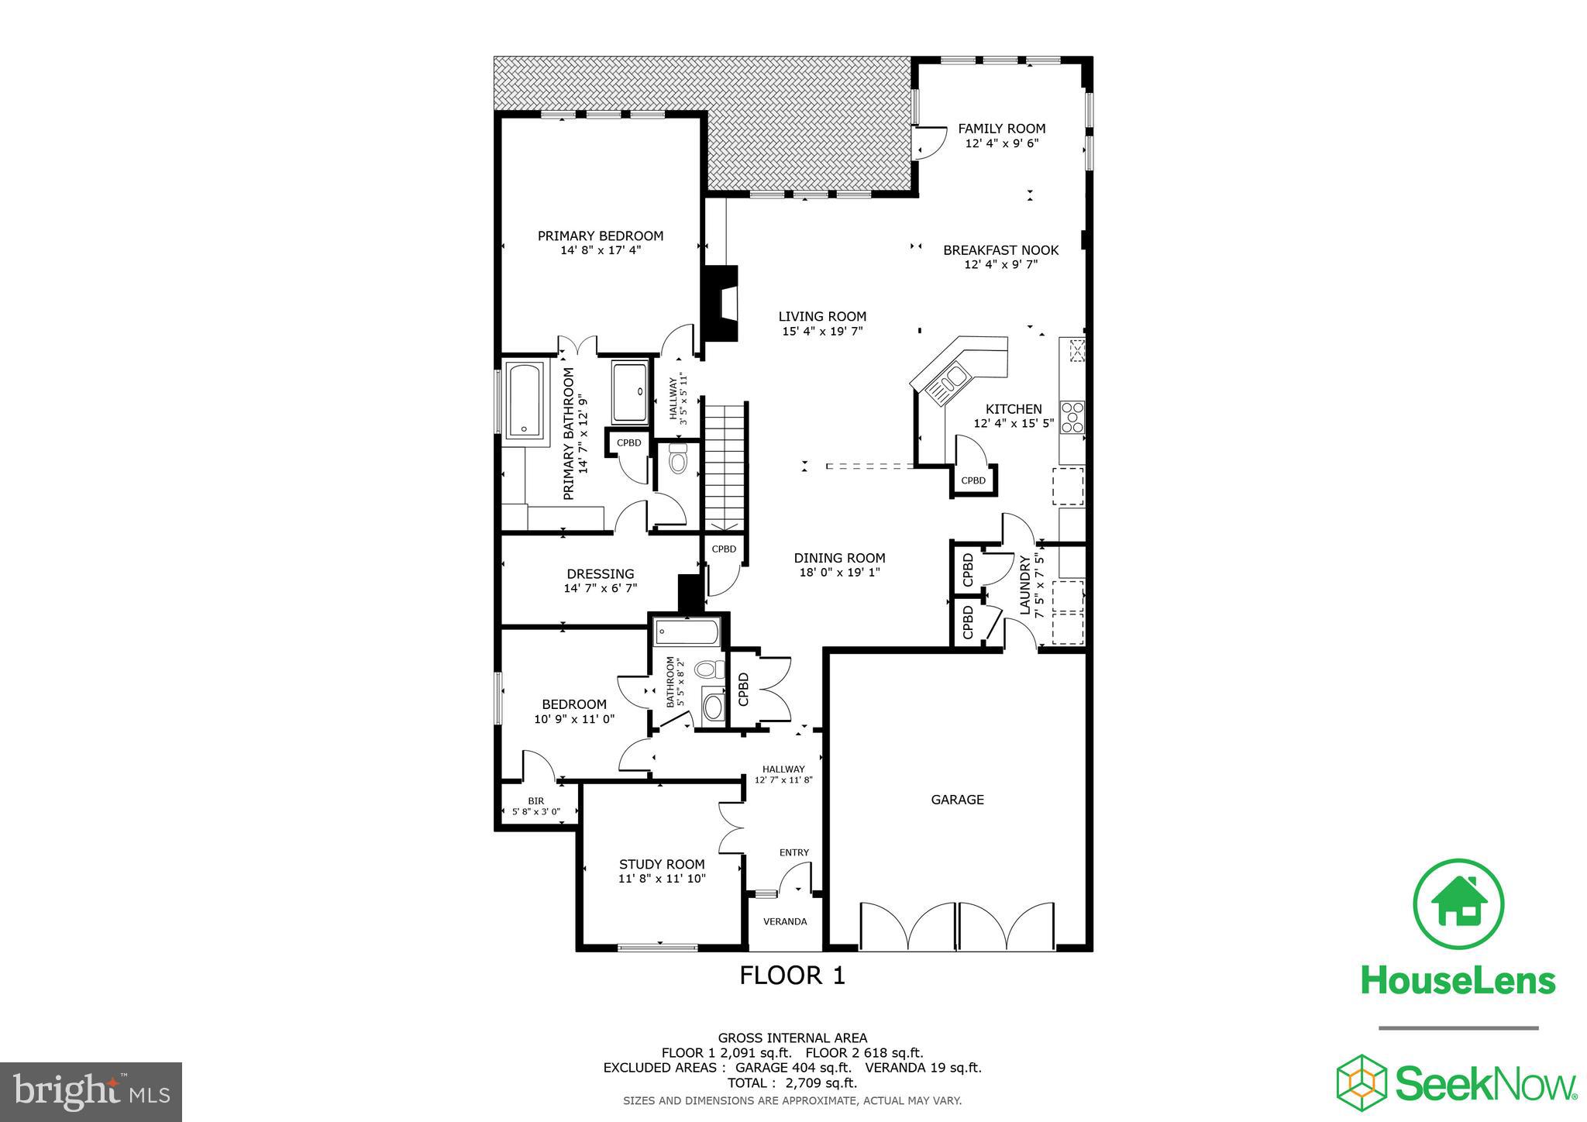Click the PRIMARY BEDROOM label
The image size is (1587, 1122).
click(x=601, y=236)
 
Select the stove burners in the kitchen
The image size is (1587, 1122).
click(x=1072, y=416)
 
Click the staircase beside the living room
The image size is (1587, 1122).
click(x=725, y=465)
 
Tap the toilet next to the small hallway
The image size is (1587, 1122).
click(x=678, y=459)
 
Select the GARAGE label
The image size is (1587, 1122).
click(x=957, y=800)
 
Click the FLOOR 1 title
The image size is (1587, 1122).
click(x=792, y=975)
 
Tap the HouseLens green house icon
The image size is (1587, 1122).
click(x=1458, y=904)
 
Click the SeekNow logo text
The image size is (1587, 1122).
click(x=1485, y=1083)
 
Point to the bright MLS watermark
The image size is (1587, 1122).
click(x=91, y=1091)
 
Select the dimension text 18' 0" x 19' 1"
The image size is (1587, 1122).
click(x=839, y=573)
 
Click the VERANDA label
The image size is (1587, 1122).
click(x=785, y=921)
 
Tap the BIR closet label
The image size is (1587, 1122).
click(x=535, y=801)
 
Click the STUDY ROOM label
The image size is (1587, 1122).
click(x=662, y=864)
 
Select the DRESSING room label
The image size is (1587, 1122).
click(x=600, y=574)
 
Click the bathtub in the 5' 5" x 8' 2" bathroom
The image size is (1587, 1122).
click(x=687, y=632)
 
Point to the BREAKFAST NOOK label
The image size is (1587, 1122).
click(x=1000, y=250)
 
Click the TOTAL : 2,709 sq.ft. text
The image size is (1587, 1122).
click(x=792, y=1082)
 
